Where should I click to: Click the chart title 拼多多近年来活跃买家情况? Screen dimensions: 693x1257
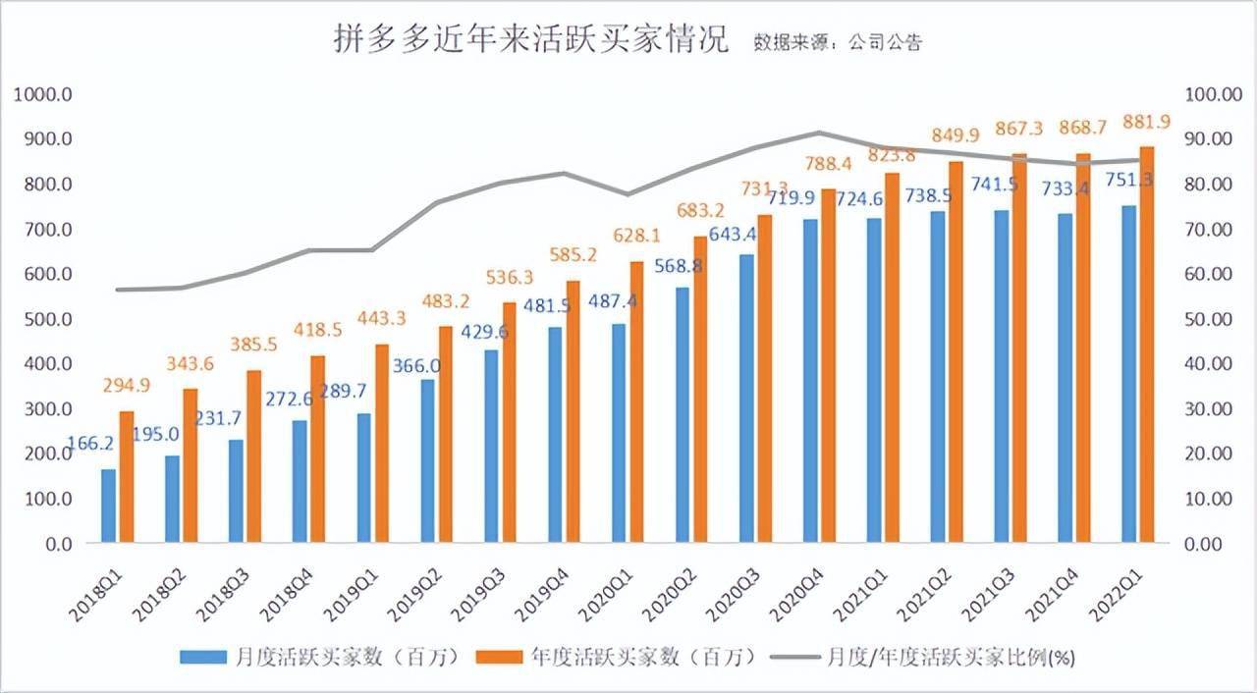[x=531, y=40]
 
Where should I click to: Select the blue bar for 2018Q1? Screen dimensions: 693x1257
[x=108, y=506]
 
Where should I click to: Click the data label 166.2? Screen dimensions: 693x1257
[x=90, y=443]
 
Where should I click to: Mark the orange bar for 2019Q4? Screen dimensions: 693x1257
[x=573, y=411]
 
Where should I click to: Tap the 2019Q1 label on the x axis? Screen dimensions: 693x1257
[x=364, y=589]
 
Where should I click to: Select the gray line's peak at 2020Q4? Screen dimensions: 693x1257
[x=818, y=132]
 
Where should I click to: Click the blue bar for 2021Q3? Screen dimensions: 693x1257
[x=1002, y=376]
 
